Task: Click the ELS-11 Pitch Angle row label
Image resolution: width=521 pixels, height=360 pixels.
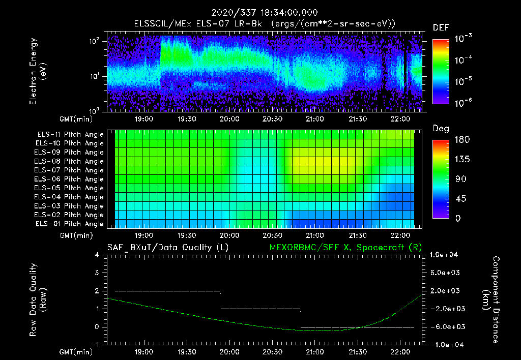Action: (x=69, y=134)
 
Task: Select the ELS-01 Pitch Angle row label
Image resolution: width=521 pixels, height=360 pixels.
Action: (x=69, y=224)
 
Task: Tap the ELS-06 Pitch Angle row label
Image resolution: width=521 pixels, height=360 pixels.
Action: (x=69, y=179)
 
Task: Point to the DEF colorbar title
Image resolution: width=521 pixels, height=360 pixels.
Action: (x=441, y=27)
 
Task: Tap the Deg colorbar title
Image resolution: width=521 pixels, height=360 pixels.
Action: (x=441, y=129)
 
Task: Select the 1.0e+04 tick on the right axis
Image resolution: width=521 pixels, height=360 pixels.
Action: (x=445, y=255)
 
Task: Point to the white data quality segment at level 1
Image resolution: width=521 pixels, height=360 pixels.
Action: (x=260, y=309)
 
